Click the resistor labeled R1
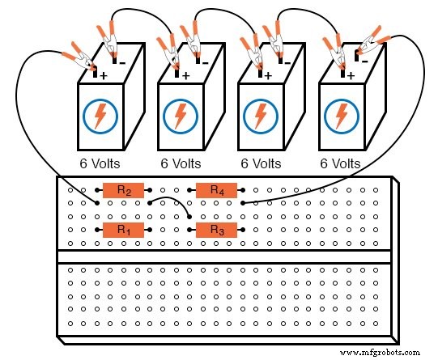pos(123,231)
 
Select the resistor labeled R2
pos(124,190)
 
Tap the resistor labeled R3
pos(216,231)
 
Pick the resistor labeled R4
pos(216,190)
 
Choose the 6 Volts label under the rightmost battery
pos(339,163)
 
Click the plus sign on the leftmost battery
pos(104,74)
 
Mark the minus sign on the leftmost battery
pos(123,61)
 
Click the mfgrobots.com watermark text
pos(381,353)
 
